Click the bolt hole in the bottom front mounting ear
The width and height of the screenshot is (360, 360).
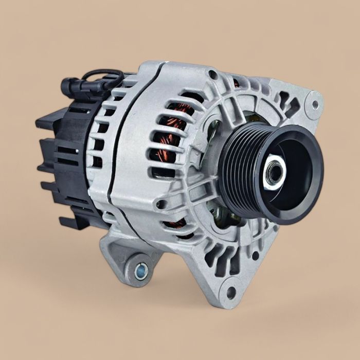pos(231,293)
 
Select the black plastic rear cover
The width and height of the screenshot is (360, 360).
pos(62,154)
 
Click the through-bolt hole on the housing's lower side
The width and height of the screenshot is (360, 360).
pos(163,204)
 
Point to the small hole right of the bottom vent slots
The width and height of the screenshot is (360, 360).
pos(255,255)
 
